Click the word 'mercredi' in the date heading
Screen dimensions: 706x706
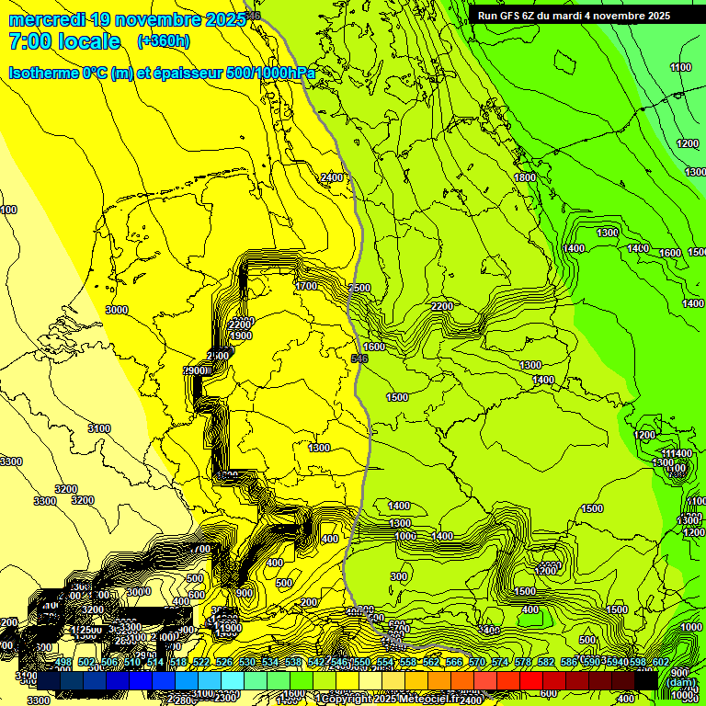(x=46, y=19)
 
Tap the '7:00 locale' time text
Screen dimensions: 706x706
(x=64, y=41)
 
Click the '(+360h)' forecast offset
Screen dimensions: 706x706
(x=164, y=41)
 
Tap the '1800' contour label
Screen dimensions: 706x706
(x=525, y=177)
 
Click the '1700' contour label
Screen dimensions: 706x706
(x=306, y=287)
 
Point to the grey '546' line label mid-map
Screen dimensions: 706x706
(x=359, y=358)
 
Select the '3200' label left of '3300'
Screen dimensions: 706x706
(x=65, y=489)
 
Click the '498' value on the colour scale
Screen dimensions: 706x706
(x=63, y=663)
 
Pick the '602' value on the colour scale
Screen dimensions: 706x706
(x=660, y=663)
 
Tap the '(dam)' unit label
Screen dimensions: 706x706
(x=681, y=681)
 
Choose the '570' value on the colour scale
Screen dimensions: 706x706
(x=477, y=663)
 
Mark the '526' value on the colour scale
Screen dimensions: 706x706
(x=224, y=663)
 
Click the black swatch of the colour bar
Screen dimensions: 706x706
(x=647, y=680)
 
